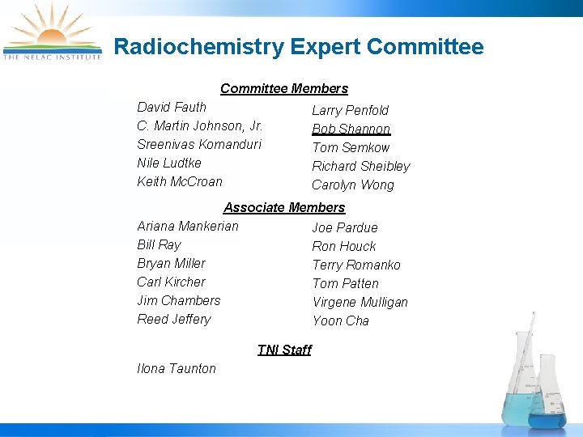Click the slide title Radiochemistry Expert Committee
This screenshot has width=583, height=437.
299,47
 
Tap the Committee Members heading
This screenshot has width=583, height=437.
284,88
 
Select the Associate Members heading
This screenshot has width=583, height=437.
284,207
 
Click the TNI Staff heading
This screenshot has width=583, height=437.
284,350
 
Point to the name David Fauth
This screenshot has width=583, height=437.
172,107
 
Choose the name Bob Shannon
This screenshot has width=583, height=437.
351,129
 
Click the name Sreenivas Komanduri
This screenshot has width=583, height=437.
199,144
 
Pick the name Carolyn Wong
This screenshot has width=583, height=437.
353,185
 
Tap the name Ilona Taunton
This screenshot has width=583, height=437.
177,368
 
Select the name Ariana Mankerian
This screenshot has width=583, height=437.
188,226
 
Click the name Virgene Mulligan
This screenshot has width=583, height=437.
360,302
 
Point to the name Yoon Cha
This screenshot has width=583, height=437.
341,320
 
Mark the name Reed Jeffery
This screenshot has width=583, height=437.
174,319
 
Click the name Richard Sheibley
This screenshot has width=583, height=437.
361,166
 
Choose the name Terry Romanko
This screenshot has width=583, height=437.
356,265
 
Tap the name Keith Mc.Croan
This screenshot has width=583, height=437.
180,181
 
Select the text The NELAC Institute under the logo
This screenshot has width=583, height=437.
53,57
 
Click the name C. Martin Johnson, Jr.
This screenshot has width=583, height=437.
200,125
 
